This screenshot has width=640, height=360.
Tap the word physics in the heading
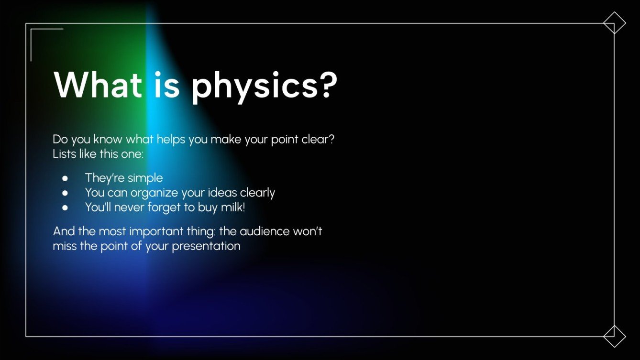pyautogui.click(x=248, y=86)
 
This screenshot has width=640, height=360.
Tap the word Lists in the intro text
pyautogui.click(x=64, y=155)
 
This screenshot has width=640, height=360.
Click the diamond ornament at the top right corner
pyautogui.click(x=614, y=23)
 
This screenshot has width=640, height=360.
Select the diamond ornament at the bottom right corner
pyautogui.click(x=614, y=336)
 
